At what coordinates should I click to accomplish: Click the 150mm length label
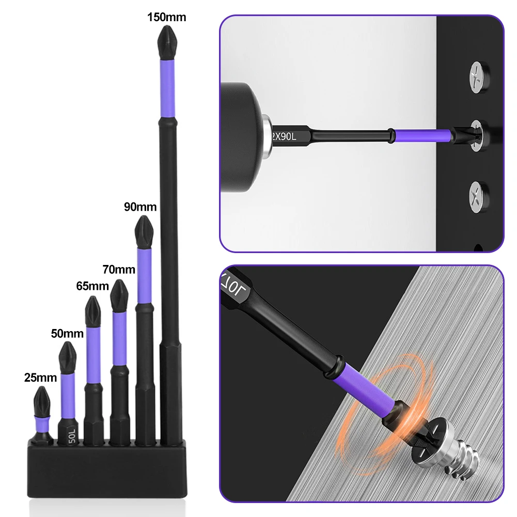[x=166, y=17]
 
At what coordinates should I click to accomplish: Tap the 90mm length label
[x=140, y=207]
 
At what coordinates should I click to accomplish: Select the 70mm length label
[x=119, y=269]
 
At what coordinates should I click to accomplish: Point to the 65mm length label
[x=93, y=286]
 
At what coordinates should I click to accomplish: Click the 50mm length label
[x=67, y=333]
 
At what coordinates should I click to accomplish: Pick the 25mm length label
[x=40, y=378]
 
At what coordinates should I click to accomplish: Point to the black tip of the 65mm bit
[x=93, y=309]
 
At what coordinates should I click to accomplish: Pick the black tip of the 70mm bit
[x=119, y=294]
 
